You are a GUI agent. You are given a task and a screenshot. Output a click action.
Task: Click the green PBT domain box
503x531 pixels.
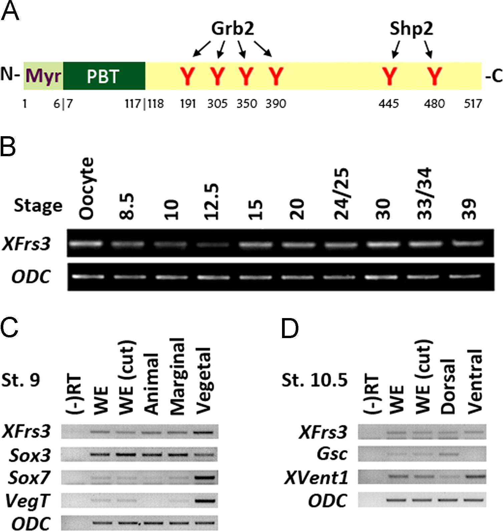tap(104, 76)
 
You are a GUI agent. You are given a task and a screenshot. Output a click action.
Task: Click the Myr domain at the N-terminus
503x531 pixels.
tap(43, 76)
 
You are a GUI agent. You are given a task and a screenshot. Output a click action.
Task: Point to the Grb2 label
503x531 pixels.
tap(233, 29)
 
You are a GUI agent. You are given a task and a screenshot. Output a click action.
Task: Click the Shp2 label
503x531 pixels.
tap(412, 29)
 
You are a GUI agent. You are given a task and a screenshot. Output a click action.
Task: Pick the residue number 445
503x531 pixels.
tap(389, 104)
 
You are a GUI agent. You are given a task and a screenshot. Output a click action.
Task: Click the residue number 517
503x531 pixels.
tap(473, 104)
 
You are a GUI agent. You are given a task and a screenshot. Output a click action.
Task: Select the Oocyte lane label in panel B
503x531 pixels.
tap(86, 189)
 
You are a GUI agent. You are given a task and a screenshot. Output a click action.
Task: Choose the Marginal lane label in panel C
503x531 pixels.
tap(178, 376)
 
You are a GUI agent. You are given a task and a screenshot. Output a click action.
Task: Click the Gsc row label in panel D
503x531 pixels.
tap(332, 454)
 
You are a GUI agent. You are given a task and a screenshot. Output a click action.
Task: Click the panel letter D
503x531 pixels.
tap(290, 328)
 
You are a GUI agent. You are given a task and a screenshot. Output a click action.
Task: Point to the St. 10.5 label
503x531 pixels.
tap(314, 380)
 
